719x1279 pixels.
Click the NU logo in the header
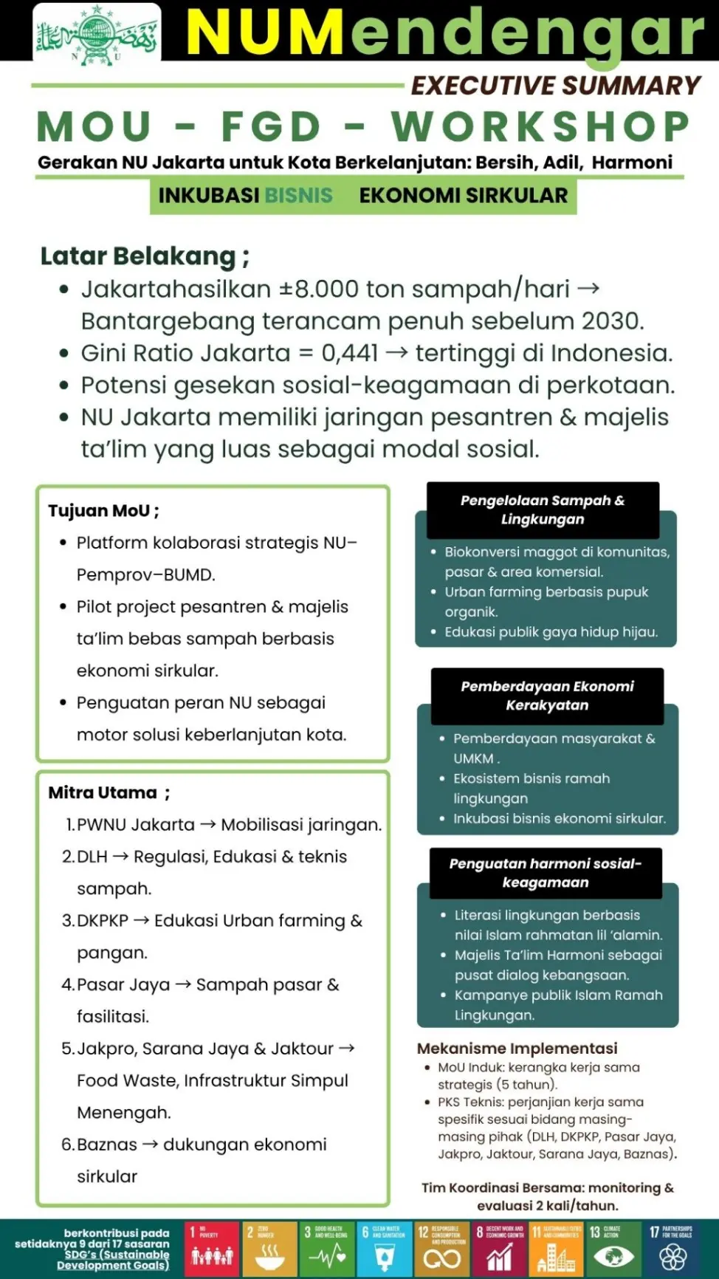click(x=97, y=34)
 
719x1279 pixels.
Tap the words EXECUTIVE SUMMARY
click(x=555, y=86)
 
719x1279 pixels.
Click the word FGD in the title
click(x=271, y=127)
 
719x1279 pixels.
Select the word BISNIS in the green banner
click(x=298, y=195)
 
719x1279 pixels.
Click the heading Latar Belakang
click(x=138, y=256)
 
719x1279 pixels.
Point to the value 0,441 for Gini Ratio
click(x=349, y=353)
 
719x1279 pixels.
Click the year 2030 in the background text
click(x=610, y=321)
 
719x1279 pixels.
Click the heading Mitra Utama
click(x=103, y=792)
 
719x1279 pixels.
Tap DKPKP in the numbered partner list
click(x=103, y=920)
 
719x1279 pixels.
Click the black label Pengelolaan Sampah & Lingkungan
click(x=543, y=510)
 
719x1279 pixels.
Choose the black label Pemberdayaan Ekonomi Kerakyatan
click(x=547, y=696)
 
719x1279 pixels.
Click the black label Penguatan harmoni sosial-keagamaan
click(x=546, y=873)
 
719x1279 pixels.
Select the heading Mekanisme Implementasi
click(x=517, y=1048)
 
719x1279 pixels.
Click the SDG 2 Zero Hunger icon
click(x=269, y=1248)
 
